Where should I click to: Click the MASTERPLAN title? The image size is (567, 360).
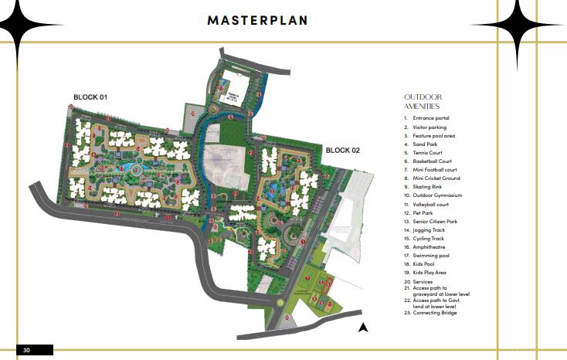(x=257, y=20)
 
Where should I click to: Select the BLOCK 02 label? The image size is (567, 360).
(x=343, y=150)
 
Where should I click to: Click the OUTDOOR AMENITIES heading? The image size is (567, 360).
(x=422, y=101)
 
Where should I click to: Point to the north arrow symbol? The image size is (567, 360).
(x=362, y=328)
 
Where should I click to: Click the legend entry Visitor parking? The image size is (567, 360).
(x=429, y=127)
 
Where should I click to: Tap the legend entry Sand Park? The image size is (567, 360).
(x=426, y=144)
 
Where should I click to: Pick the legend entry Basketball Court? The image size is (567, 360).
(x=432, y=161)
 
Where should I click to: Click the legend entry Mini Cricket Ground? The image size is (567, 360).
(x=436, y=178)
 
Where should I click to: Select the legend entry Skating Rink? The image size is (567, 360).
(x=428, y=186)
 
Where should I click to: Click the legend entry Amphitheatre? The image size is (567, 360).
(x=429, y=247)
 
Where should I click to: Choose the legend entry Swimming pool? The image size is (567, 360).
(x=431, y=256)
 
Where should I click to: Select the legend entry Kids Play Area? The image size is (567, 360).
(x=429, y=273)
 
